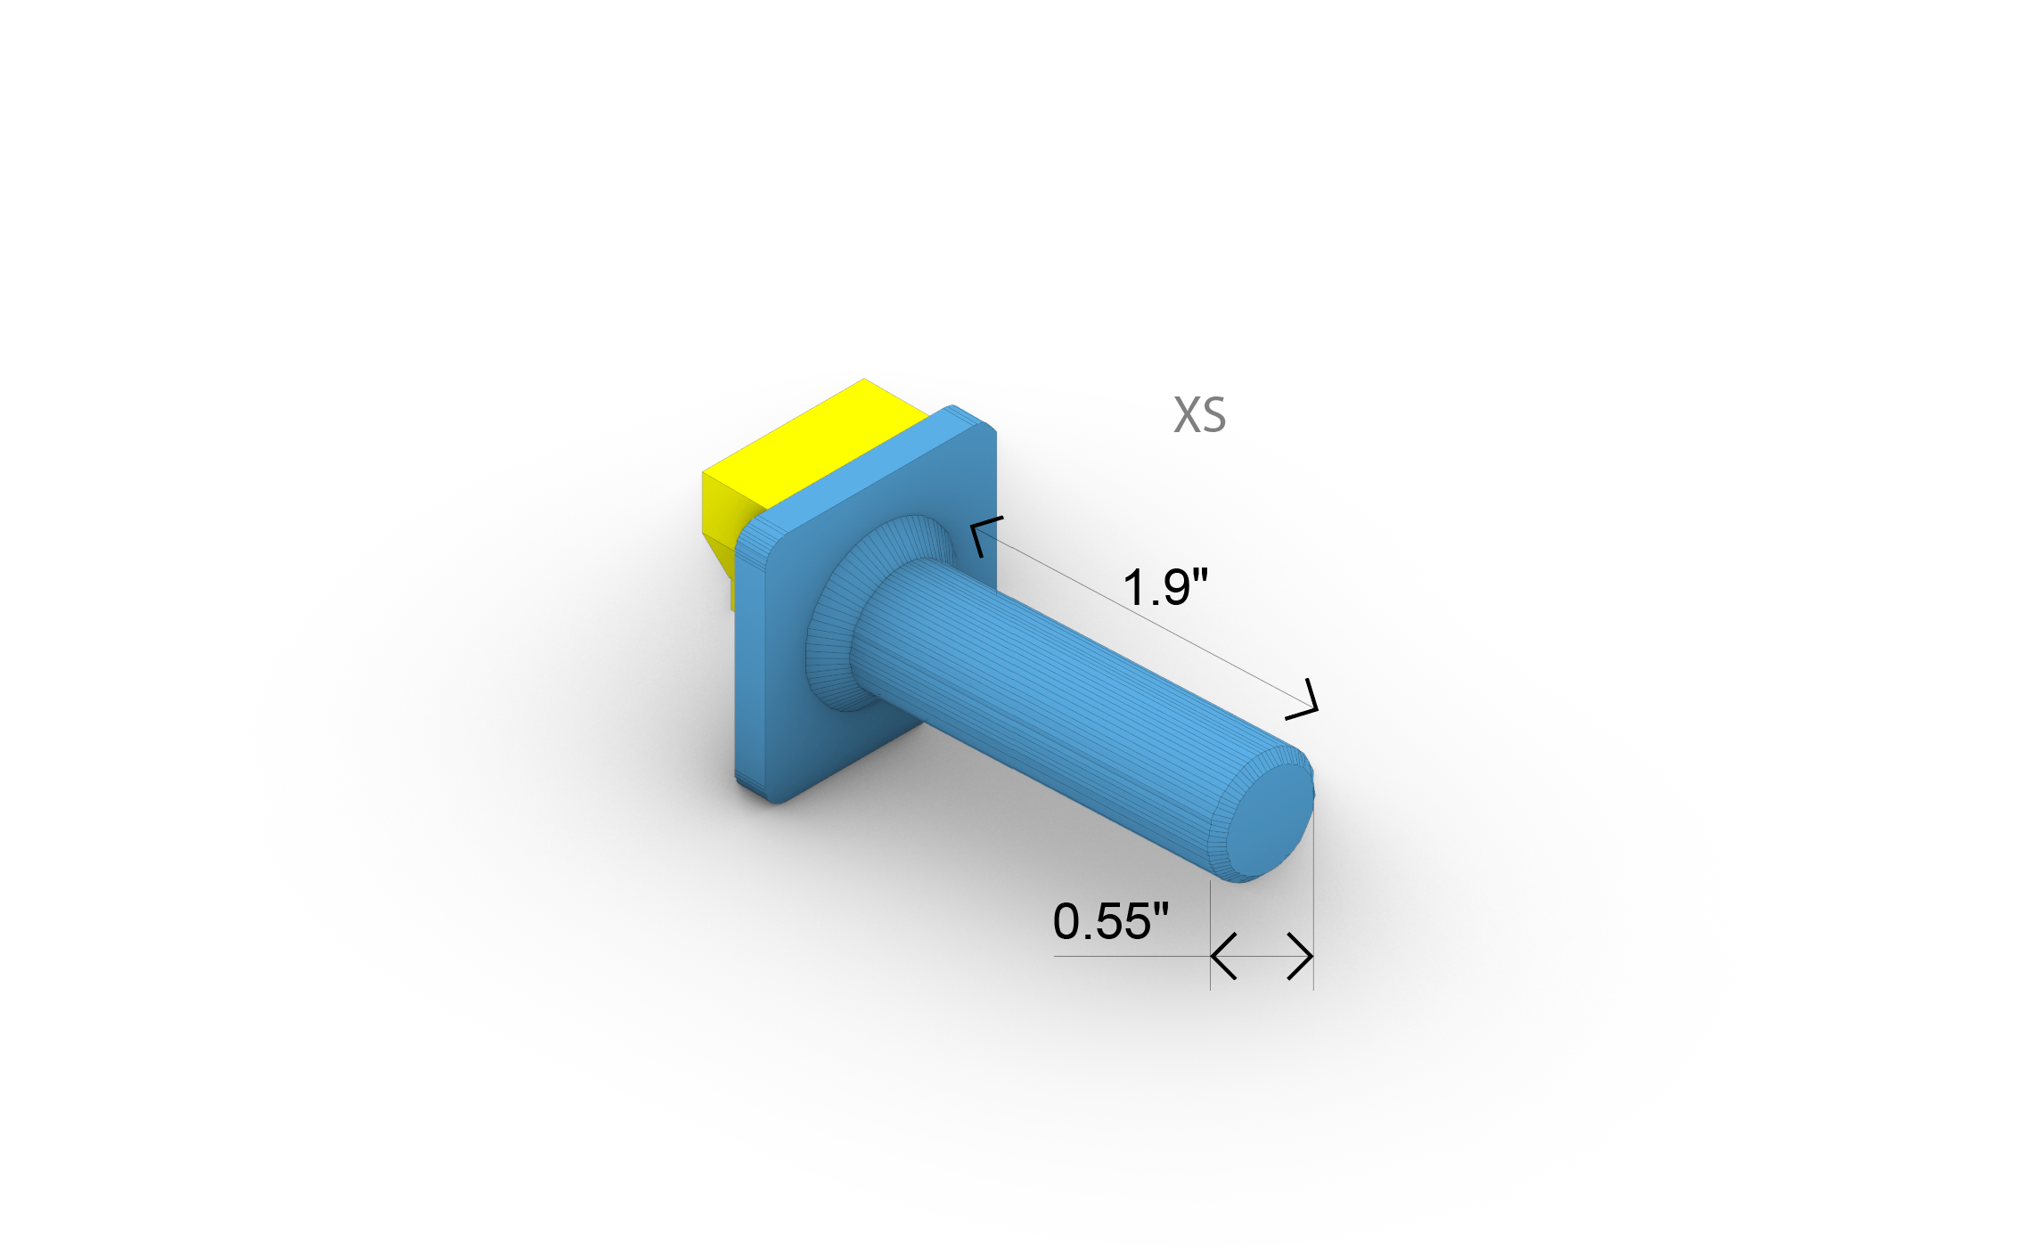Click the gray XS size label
pyautogui.click(x=1199, y=415)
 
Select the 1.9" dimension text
pyautogui.click(x=1164, y=588)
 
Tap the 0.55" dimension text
pyautogui.click(x=1110, y=921)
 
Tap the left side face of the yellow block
pyautogui.click(x=719, y=508)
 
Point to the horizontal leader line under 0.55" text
pyautogui.click(x=1123, y=956)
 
